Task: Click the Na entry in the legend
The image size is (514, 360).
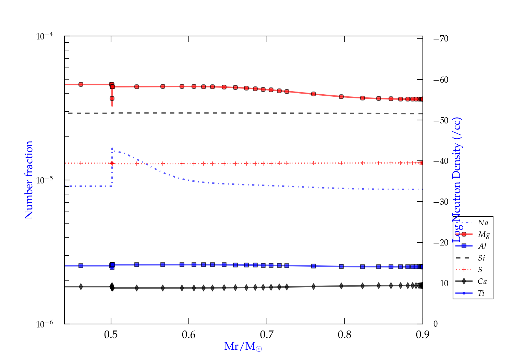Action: pyautogui.click(x=483, y=223)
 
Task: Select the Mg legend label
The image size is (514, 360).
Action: pyautogui.click(x=484, y=235)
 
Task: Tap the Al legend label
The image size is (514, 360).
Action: pyautogui.click(x=482, y=246)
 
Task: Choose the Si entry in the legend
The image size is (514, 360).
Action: pyautogui.click(x=481, y=258)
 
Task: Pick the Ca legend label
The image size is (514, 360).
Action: pyautogui.click(x=482, y=281)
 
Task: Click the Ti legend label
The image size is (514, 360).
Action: pyautogui.click(x=481, y=293)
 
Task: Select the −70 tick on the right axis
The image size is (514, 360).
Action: pyautogui.click(x=441, y=39)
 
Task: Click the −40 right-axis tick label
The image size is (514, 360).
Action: pyautogui.click(x=441, y=161)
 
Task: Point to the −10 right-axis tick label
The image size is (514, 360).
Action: pyautogui.click(x=441, y=284)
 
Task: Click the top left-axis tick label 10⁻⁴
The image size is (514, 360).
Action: pyautogui.click(x=45, y=36)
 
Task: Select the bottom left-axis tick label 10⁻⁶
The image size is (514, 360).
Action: pyautogui.click(x=45, y=324)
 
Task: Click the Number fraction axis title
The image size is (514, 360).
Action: pyautogui.click(x=29, y=180)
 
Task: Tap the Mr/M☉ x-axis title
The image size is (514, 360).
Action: pyautogui.click(x=243, y=347)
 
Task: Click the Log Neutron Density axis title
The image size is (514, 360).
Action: pyautogui.click(x=457, y=180)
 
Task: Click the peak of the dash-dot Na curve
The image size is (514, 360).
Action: pyautogui.click(x=112, y=148)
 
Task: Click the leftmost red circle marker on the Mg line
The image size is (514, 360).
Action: pyautogui.click(x=81, y=84)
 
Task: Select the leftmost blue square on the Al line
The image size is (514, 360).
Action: pyautogui.click(x=81, y=266)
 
